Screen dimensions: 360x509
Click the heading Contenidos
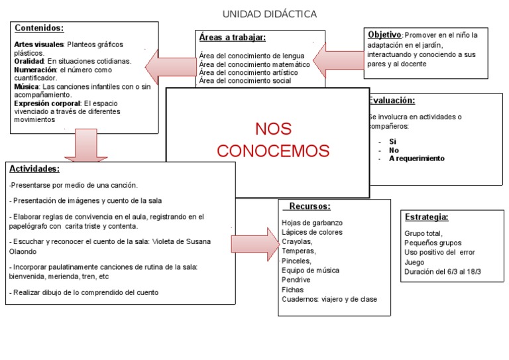click(39, 29)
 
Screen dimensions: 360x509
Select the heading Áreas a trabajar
click(232, 38)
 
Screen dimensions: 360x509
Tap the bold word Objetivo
click(384, 34)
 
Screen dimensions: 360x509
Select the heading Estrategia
click(426, 217)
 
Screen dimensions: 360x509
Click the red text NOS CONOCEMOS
click(273, 140)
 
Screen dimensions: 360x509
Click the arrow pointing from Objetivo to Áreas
click(337, 62)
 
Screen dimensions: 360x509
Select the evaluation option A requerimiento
click(417, 158)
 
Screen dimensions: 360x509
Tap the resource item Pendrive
click(297, 280)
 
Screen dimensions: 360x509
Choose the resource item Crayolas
click(297, 242)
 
